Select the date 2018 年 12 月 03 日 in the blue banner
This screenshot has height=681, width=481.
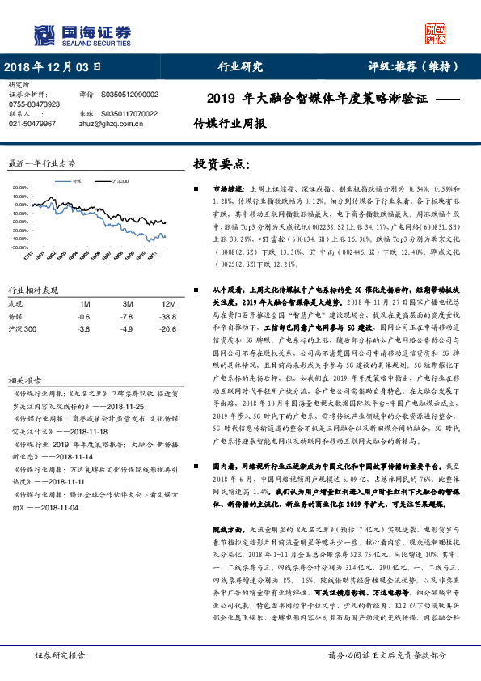point(53,67)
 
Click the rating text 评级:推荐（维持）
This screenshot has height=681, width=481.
point(419,67)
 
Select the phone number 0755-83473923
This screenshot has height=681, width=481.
point(34,104)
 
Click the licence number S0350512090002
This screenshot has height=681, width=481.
point(129,95)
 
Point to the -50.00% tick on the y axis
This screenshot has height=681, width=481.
point(19,246)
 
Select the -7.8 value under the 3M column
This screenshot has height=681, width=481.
point(126,316)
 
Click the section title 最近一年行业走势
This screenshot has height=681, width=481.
point(41,163)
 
